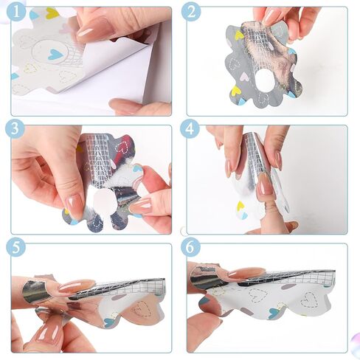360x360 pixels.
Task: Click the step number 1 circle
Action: pos(16,12)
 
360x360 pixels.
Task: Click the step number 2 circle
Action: pos(191,12)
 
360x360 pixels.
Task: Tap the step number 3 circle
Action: pos(15,129)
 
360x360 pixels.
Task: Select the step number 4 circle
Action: pos(190,129)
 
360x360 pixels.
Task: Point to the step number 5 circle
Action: pos(15,247)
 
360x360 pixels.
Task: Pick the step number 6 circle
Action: pos(190,247)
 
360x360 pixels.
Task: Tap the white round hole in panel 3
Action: pos(105,201)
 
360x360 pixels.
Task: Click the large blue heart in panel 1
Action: pos(54,54)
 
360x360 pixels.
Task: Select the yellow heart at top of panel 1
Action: pos(52,13)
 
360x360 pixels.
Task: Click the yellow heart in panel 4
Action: pos(240,206)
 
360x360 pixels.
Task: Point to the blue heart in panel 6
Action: pos(274,314)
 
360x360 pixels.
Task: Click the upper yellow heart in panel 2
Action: pos(239,35)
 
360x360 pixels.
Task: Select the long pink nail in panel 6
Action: pos(246,273)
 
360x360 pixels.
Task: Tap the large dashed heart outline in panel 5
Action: pos(142,309)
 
